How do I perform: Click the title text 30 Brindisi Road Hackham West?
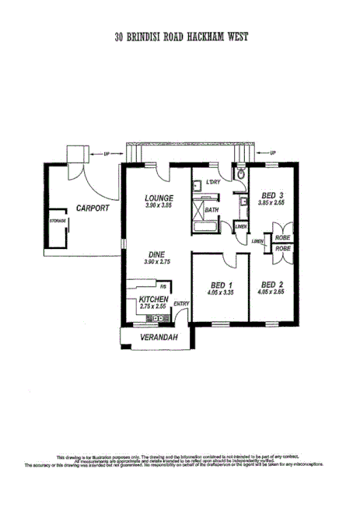180,37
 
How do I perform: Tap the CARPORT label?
93,208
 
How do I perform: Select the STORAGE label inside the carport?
58,222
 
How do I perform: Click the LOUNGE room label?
159,198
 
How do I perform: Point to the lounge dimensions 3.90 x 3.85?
159,205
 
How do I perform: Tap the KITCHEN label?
153,299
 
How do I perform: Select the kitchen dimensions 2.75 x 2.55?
153,308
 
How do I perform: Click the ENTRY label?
181,303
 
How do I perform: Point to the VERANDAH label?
159,338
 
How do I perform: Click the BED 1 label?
220,284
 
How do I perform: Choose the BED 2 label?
272,284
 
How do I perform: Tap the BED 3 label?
272,195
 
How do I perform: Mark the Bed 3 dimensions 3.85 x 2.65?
272,203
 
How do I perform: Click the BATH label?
211,209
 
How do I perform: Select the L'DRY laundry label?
215,183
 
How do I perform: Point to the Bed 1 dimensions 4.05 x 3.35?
220,292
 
